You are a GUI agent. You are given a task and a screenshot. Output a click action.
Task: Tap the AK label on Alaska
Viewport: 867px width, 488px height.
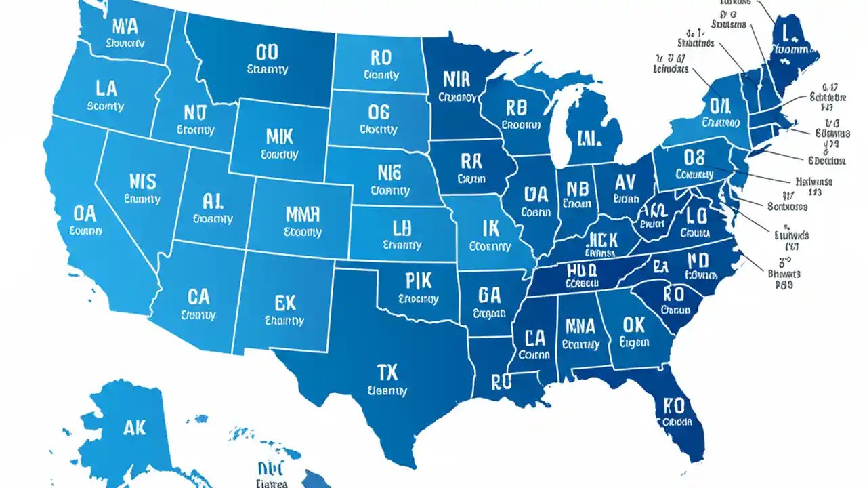pos(135,428)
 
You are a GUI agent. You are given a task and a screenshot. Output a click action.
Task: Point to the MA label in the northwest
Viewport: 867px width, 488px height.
pos(125,27)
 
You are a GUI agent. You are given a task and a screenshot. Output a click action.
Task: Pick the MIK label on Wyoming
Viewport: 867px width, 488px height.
pos(278,136)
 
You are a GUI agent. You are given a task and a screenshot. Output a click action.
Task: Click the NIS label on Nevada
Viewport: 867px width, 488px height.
pos(142,181)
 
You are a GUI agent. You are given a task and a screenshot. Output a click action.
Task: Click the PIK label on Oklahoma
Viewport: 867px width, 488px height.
pos(417,281)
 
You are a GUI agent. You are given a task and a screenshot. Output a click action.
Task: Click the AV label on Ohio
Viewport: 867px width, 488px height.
pos(626,181)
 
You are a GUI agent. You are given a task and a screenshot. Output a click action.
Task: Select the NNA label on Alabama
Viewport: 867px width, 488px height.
pos(580,327)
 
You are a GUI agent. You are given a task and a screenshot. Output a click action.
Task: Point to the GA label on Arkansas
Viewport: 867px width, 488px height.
pos(488,295)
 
